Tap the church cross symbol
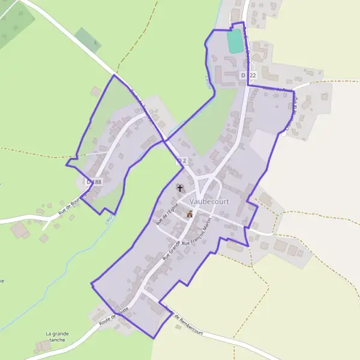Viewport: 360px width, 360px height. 179,188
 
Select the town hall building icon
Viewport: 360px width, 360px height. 190,214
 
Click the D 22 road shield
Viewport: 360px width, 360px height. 248,75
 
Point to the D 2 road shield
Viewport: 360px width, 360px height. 181,161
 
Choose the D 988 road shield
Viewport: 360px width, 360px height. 94,181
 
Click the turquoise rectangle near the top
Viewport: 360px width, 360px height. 235,41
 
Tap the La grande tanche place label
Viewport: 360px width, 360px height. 57,337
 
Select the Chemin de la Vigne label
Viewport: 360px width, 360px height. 292,114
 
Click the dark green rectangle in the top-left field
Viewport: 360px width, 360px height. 88,40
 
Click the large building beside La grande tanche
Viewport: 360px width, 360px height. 43,346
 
